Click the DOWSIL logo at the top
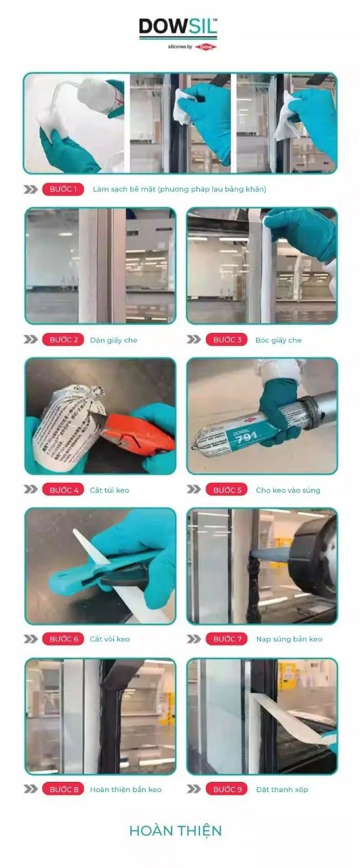(178, 28)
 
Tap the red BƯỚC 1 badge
(63, 189)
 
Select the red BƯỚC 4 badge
(63, 490)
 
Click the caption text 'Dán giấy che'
(113, 340)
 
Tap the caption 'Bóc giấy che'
(278, 340)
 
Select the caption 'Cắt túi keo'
(109, 490)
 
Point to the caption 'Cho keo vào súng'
(288, 490)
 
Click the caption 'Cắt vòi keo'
(109, 639)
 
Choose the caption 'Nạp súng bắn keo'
(289, 639)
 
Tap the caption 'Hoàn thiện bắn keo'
(125, 789)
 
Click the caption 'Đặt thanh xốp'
(282, 789)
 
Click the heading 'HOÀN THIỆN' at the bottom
(176, 831)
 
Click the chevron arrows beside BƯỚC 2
(31, 340)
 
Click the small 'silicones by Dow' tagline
(190, 47)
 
